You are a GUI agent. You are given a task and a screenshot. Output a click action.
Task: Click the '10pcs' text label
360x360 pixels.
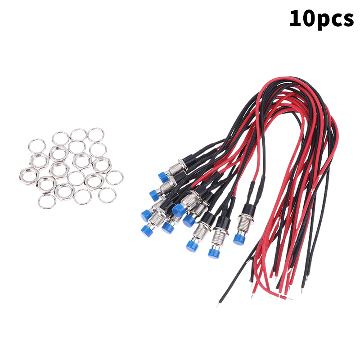coord(321,19)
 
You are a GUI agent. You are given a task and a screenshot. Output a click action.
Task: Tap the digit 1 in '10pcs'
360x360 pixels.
coord(295,18)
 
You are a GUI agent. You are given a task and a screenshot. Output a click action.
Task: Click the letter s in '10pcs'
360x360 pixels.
coord(348,20)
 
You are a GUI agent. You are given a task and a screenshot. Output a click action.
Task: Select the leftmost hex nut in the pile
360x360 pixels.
coord(28,176)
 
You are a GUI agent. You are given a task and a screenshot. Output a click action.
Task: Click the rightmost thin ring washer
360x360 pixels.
coord(115,177)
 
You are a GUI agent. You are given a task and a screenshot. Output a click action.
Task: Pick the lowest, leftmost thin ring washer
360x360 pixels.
coord(47,201)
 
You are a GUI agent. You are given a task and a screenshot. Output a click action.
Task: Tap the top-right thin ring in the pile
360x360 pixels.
coord(96,135)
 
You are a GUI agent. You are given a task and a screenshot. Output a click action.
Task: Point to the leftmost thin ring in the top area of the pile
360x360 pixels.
coord(37,146)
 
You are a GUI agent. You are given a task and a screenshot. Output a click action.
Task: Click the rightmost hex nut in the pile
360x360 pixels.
coord(102,165)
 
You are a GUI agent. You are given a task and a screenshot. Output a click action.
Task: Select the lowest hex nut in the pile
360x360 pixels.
coord(64,192)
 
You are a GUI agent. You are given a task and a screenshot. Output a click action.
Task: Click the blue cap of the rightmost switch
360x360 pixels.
coord(239,239)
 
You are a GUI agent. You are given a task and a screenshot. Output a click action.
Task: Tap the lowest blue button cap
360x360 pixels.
coord(214,252)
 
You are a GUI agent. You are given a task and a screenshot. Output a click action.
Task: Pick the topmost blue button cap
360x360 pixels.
coord(164,177)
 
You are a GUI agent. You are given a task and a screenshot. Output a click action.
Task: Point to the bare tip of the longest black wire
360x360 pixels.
coord(217,305)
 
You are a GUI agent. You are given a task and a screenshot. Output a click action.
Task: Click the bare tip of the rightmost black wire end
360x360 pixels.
coord(302,291)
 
